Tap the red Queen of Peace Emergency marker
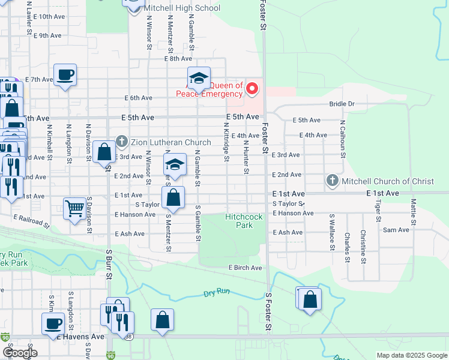[252, 89]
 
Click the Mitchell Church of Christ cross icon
[332, 181]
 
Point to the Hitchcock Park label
[239, 221]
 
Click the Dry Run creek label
[217, 294]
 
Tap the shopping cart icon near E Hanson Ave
[75, 209]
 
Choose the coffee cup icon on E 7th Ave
[65, 75]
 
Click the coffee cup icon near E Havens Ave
[53, 323]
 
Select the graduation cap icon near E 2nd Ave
[174, 164]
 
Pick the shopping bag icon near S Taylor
[173, 196]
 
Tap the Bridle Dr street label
[342, 104]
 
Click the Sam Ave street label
[396, 230]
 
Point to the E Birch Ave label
[245, 268]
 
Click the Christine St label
[363, 246]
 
